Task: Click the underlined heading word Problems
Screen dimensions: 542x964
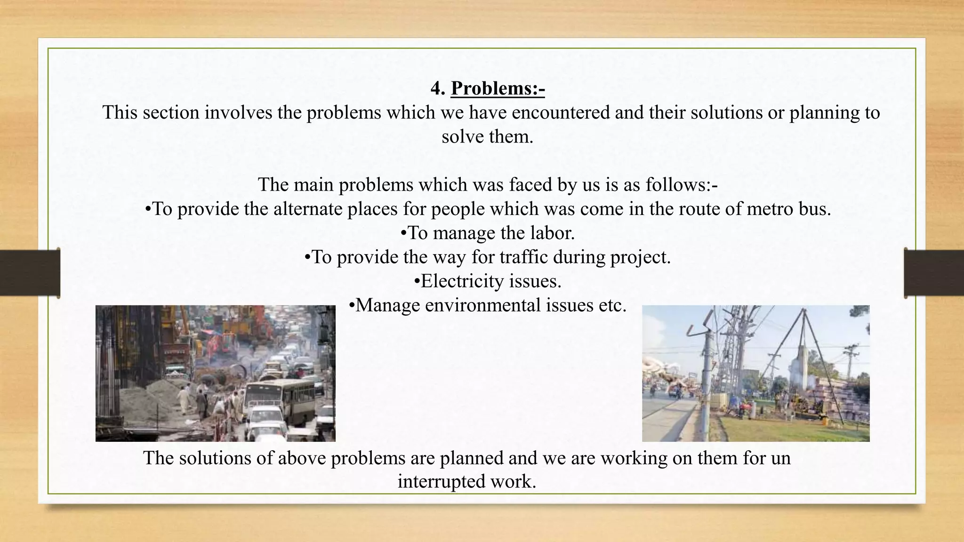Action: (x=498, y=88)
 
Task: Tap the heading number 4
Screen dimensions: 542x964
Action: (x=437, y=88)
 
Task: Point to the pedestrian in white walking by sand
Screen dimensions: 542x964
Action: (x=183, y=398)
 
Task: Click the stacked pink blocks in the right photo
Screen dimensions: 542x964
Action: (x=838, y=395)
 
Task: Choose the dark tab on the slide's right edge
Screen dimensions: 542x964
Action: (x=934, y=273)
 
